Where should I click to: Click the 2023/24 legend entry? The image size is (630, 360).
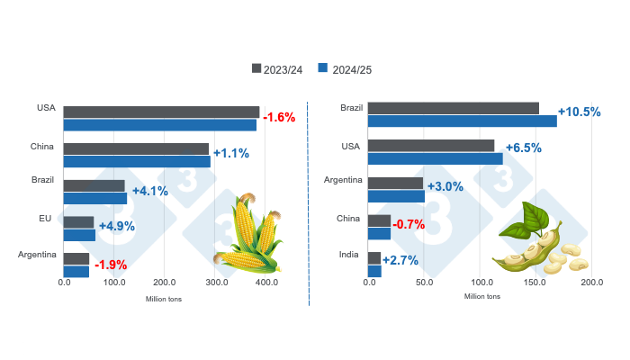(281, 68)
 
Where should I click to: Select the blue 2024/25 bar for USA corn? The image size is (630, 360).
(159, 125)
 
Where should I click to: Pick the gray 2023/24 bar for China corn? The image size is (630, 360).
(136, 148)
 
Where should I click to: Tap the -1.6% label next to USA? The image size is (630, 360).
(279, 118)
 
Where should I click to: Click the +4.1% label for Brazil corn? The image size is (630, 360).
(150, 191)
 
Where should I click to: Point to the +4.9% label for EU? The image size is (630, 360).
(116, 226)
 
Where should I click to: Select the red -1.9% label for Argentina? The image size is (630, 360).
(111, 265)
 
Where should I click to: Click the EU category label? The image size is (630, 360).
(48, 218)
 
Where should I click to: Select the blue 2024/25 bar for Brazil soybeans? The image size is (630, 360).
(463, 121)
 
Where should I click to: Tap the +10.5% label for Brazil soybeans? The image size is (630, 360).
(579, 112)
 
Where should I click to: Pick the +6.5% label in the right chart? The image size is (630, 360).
(523, 148)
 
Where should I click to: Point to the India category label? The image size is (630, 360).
(349, 255)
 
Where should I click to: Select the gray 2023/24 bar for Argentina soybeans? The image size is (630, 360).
(396, 184)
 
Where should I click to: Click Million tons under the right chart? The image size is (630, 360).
(482, 296)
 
